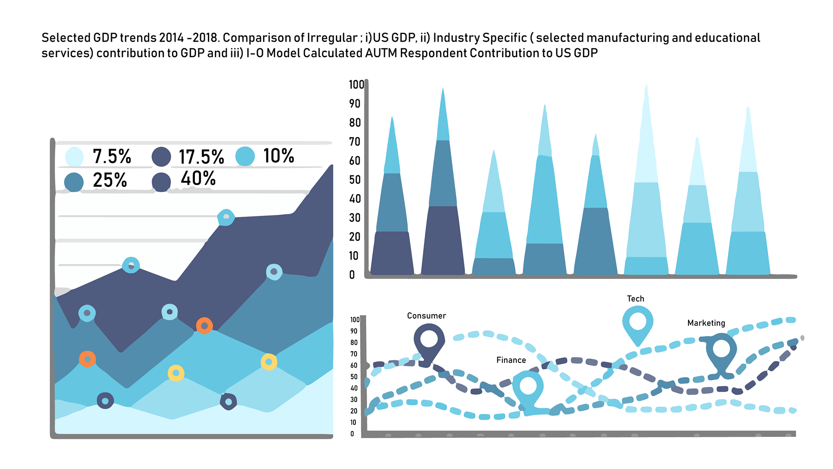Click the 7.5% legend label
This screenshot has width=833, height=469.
112,156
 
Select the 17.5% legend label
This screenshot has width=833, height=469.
201,157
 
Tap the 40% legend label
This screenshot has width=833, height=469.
198,179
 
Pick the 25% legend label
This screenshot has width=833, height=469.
110,180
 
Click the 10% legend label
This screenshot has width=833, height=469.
279,156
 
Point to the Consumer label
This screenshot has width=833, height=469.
426,316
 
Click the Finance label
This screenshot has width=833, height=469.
511,360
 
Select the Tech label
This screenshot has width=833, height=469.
635,299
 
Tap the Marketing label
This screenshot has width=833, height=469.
706,323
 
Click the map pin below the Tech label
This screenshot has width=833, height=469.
637,323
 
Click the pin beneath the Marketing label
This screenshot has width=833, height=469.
721,351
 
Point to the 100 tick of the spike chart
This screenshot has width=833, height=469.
356,85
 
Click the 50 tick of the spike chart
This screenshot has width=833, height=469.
355,180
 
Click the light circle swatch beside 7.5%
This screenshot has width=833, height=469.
74,156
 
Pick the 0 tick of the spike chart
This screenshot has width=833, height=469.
352,275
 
